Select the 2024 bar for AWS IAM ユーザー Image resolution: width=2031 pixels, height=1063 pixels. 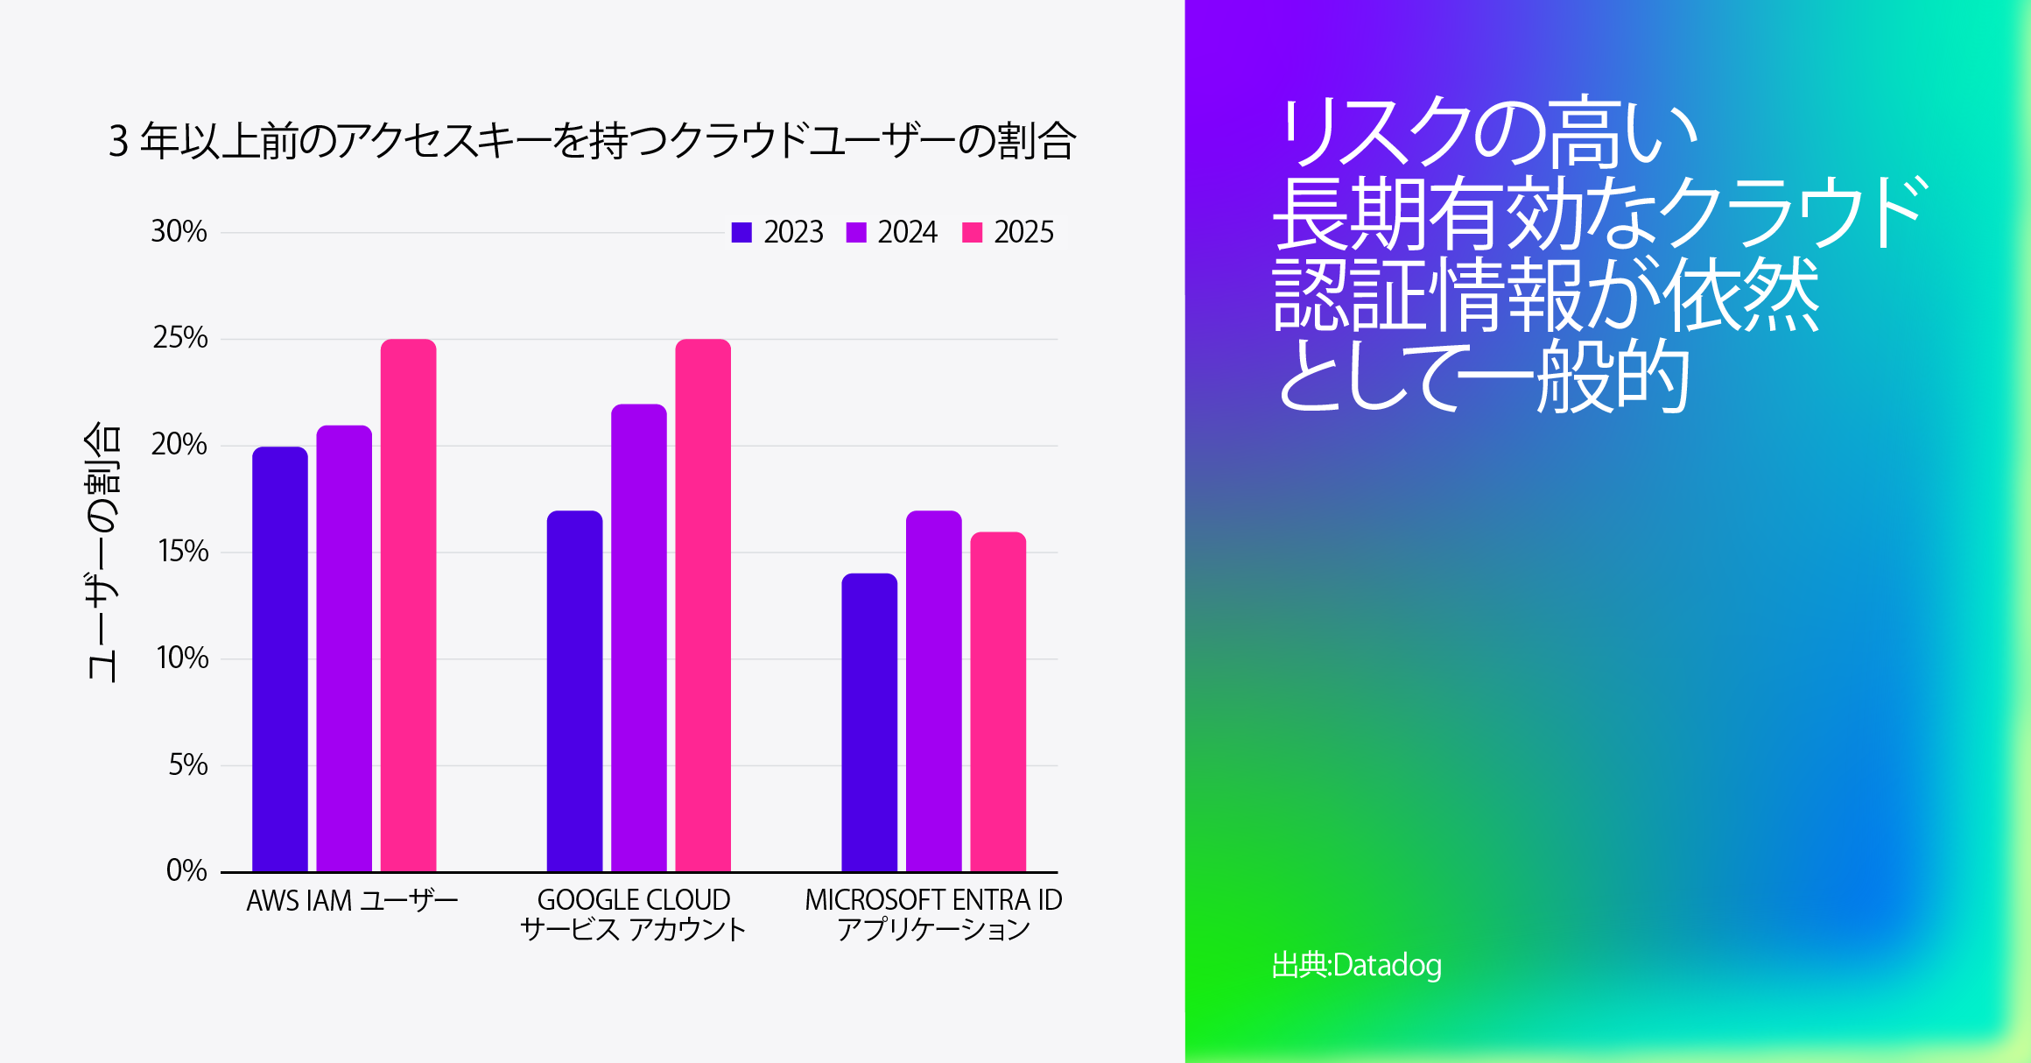(344, 649)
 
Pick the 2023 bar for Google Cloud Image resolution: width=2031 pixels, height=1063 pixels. (574, 692)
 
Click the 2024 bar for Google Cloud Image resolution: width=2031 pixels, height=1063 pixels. (639, 638)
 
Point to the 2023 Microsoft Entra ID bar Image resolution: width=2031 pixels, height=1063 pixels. (869, 723)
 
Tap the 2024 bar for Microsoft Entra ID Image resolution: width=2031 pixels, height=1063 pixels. (933, 692)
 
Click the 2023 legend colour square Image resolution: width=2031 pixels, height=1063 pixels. (741, 232)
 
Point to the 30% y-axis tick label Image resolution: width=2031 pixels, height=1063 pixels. (179, 232)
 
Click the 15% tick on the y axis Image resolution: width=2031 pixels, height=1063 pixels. (183, 552)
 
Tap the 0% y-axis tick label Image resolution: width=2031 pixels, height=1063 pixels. (186, 870)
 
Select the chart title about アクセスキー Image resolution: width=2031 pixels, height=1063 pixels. (592, 141)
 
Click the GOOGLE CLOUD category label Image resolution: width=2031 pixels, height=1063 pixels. (633, 900)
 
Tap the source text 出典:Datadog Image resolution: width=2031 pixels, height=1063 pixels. (1356, 965)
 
